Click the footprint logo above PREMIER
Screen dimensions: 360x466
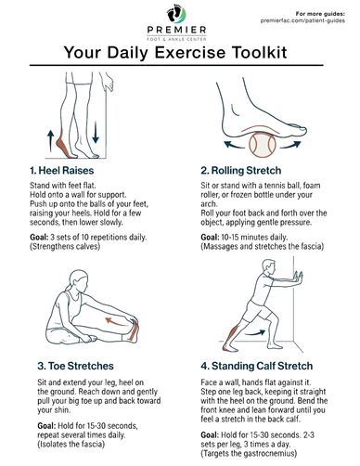coord(176,14)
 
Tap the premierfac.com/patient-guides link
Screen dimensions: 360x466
coord(302,20)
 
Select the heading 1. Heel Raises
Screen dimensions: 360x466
coord(61,170)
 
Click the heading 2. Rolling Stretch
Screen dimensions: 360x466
coord(241,170)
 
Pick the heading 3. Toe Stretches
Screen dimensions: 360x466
coord(75,366)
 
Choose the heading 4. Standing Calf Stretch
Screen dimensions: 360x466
coord(256,366)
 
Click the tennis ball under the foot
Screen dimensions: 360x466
coord(263,145)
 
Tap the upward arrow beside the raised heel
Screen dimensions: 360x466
coord(50,141)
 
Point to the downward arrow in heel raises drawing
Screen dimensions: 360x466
coord(96,133)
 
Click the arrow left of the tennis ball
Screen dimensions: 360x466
coord(234,144)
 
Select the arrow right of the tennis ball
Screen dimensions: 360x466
coord(290,144)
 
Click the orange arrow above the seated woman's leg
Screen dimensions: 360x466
coord(116,322)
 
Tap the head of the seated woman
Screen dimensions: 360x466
coord(79,279)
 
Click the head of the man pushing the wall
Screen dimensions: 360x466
coord(268,266)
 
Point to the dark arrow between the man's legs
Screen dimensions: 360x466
coord(255,333)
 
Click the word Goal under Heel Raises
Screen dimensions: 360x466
coord(39,238)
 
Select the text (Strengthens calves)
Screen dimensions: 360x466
coord(65,246)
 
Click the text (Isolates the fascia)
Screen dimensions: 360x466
coord(71,445)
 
